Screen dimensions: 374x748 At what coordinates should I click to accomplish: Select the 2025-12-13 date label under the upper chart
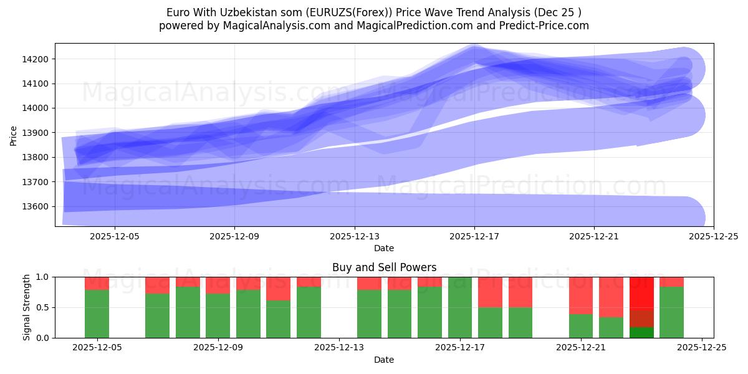354,236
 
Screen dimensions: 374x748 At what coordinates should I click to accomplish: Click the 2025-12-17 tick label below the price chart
474,236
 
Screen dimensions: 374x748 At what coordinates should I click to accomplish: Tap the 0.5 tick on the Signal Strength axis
44,307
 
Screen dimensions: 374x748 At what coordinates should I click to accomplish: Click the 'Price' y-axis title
14,135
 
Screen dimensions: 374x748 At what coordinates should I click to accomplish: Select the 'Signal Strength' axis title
26,307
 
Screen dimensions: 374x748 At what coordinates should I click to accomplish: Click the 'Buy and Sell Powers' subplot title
384,267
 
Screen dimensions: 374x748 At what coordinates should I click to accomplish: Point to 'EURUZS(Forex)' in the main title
336,12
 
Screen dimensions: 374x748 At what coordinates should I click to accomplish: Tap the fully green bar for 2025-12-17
460,307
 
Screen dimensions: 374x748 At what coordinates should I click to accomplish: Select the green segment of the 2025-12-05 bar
97,314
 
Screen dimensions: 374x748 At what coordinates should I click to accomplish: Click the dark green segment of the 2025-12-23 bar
641,332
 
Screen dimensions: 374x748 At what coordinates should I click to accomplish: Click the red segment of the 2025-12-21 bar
581,295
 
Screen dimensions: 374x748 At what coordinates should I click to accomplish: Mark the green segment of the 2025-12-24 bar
671,312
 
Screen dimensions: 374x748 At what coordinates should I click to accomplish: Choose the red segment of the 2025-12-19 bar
520,292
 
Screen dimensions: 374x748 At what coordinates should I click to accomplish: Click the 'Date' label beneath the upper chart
384,248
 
